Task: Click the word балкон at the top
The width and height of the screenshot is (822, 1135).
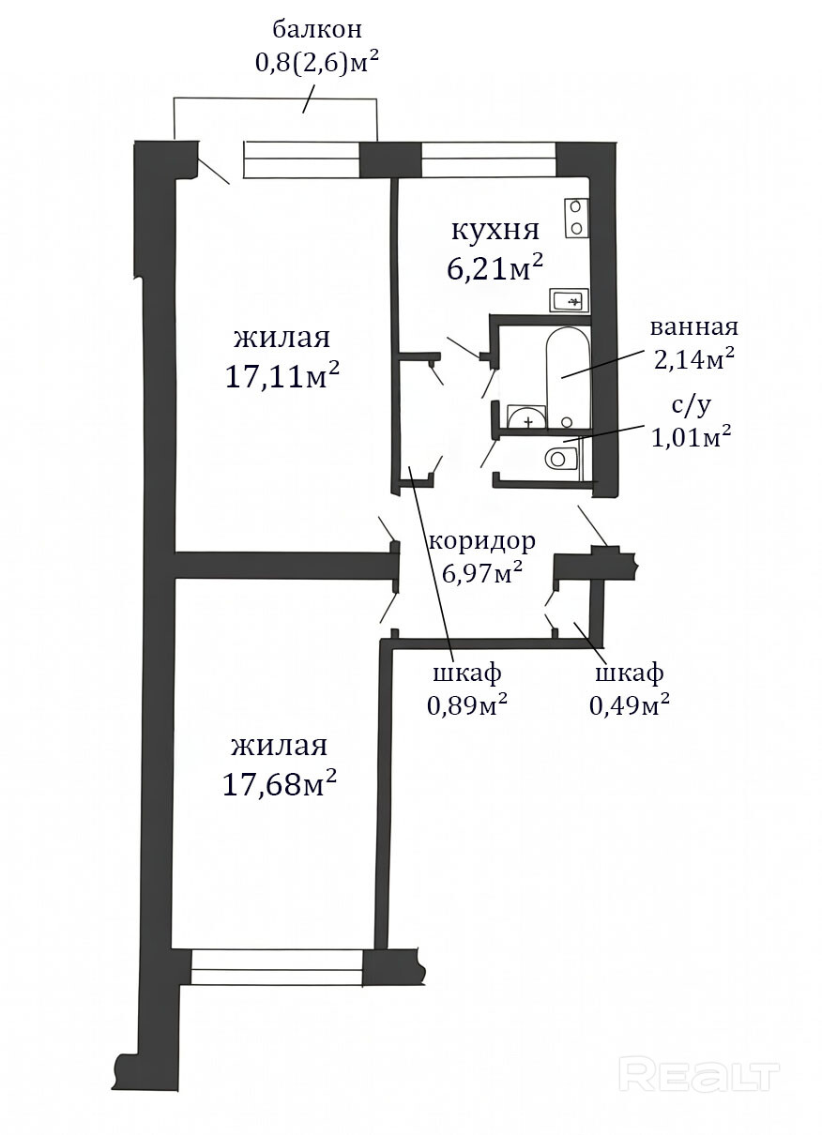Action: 317,30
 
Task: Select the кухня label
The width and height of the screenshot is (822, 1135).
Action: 495,231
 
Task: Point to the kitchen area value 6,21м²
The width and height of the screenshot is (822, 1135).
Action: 495,268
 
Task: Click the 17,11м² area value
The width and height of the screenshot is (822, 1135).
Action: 282,376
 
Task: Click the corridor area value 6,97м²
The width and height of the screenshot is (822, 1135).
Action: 482,573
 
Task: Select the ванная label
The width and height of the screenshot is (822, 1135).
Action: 694,327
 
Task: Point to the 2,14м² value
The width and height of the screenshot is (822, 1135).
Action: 694,359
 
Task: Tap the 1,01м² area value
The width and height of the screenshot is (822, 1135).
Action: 692,437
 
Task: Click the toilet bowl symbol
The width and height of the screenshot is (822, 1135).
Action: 561,459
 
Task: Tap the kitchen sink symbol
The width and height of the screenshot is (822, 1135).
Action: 570,301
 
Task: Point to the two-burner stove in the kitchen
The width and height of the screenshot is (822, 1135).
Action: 577,218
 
